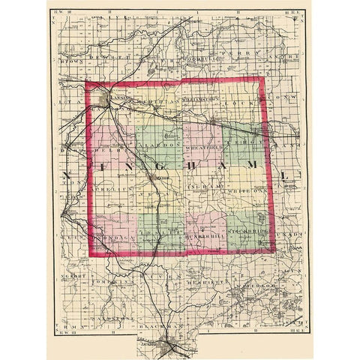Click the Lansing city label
[x=123, y=95]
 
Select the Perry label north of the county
[x=236, y=56]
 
